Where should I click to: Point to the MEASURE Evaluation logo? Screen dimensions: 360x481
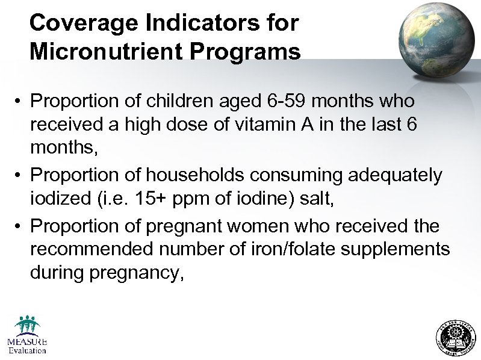[27, 335]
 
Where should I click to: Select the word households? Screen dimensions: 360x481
[175, 175]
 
